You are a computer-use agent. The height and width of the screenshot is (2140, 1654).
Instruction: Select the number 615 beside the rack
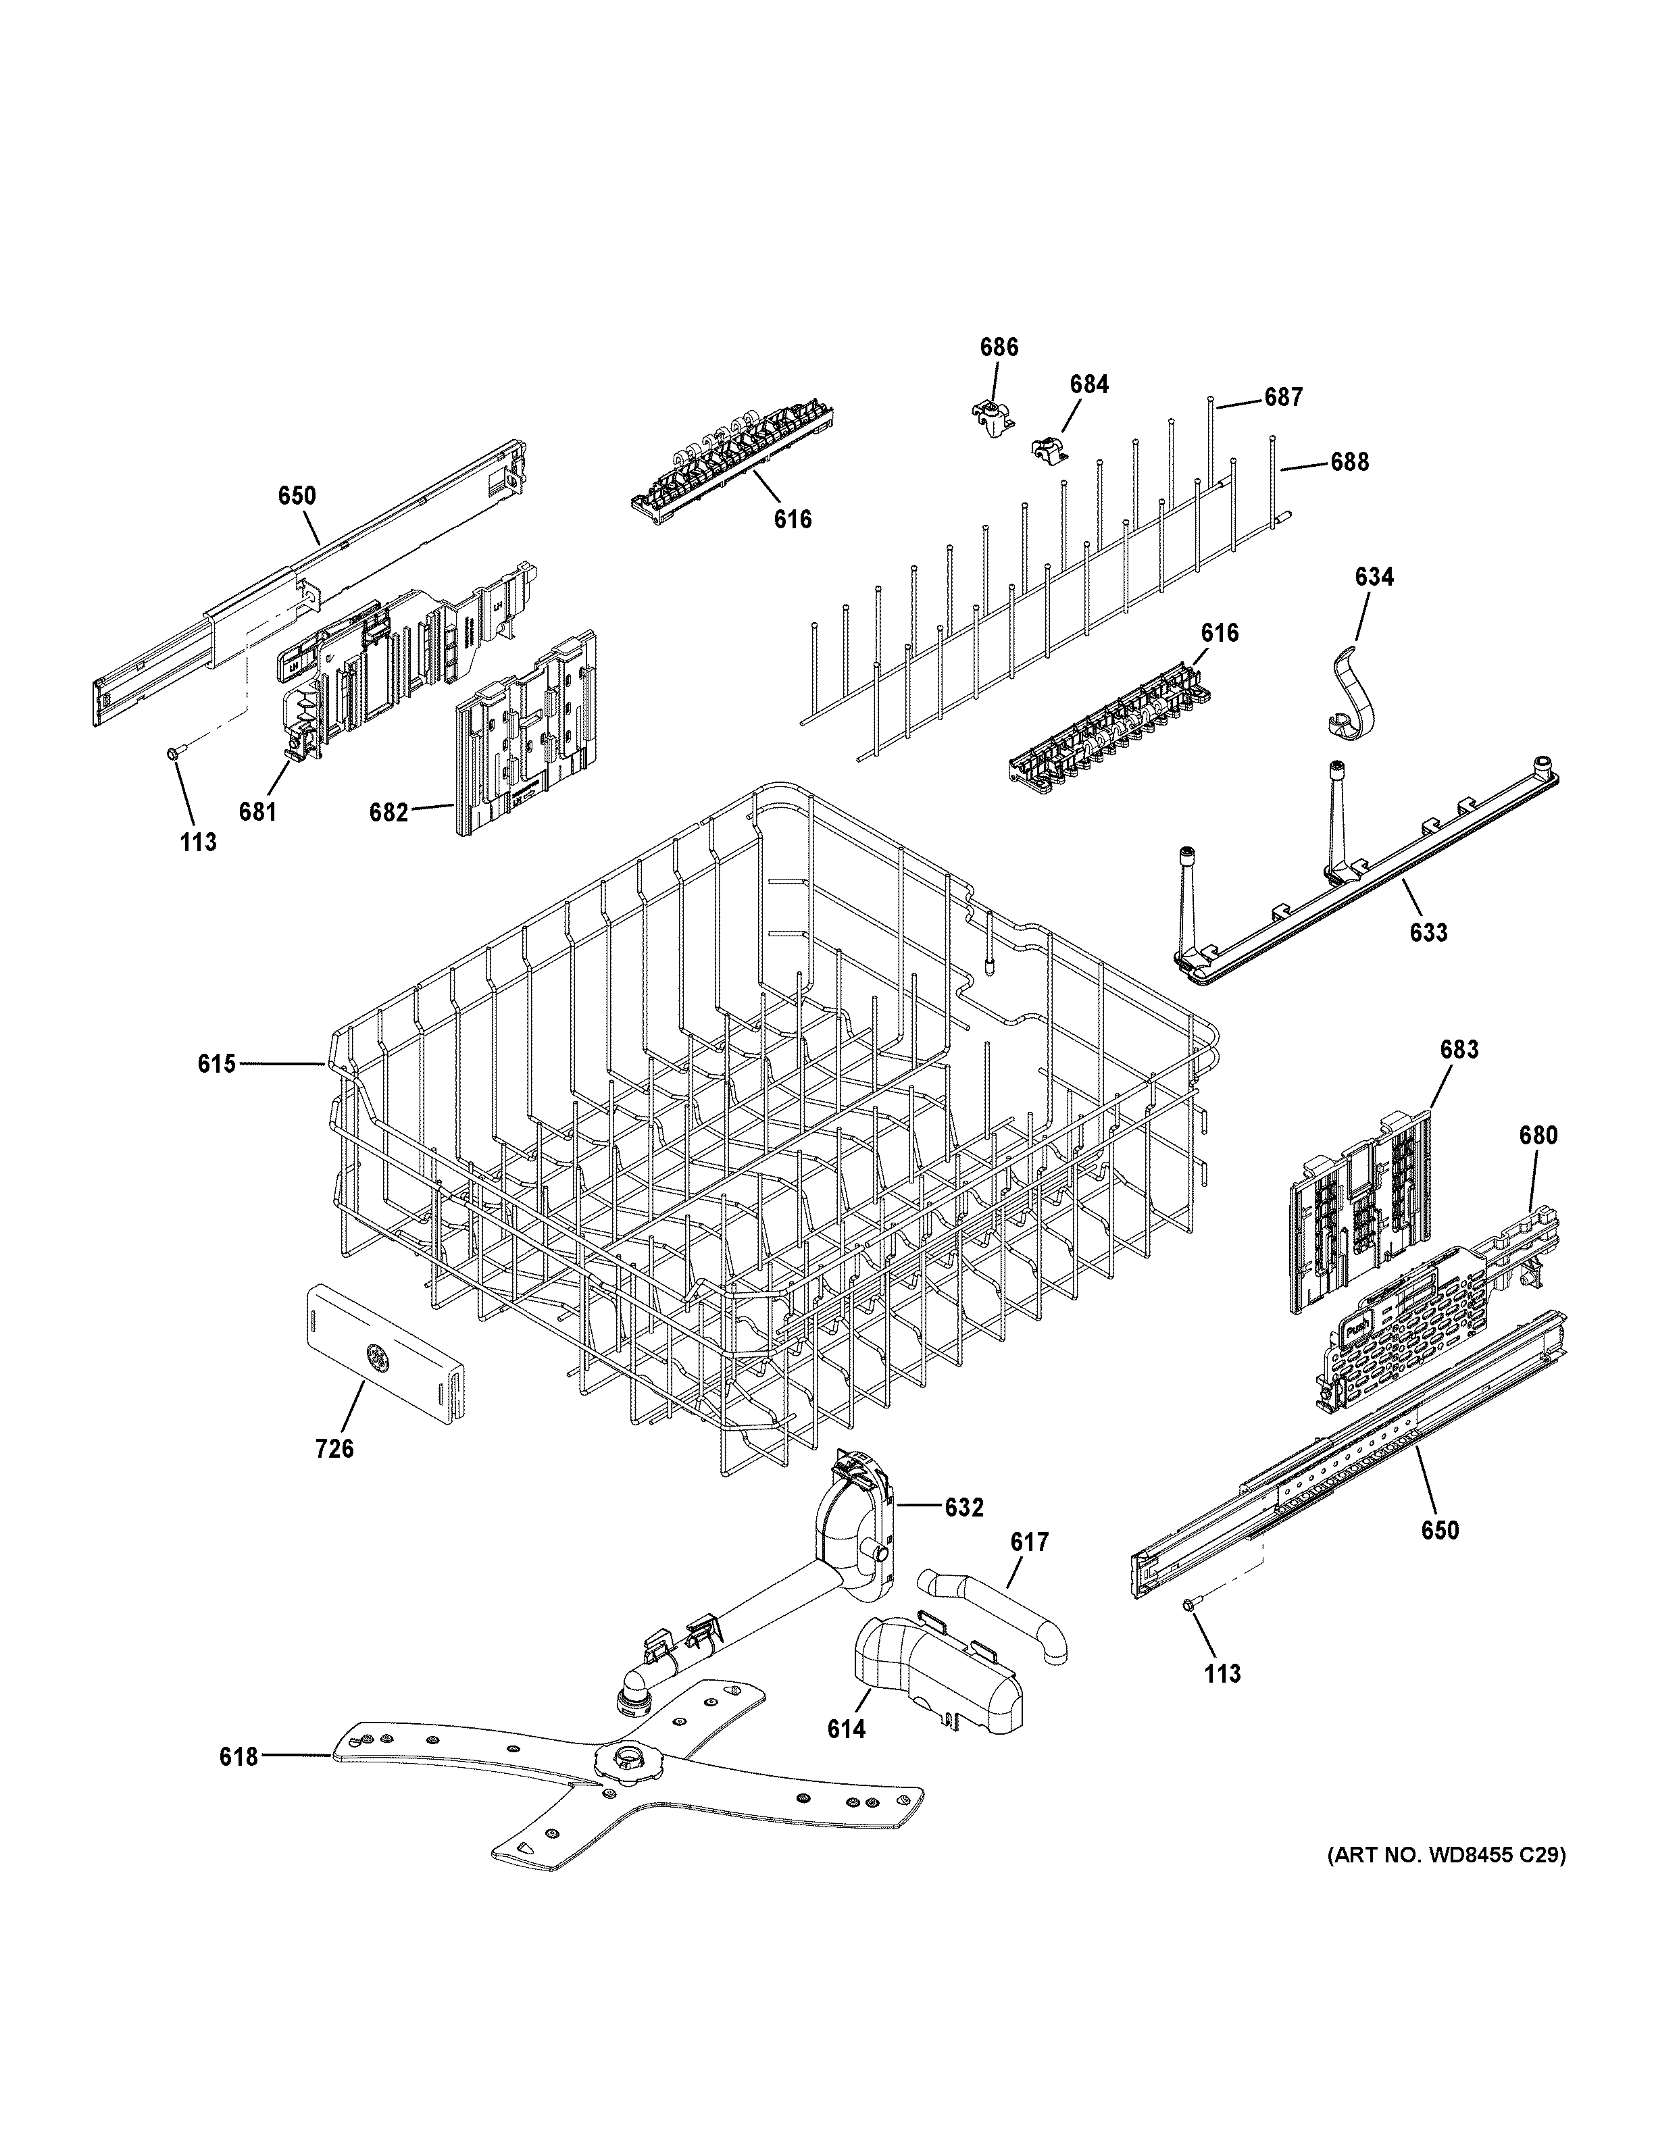point(217,1063)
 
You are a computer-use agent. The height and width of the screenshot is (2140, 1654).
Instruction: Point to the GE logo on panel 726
point(375,1356)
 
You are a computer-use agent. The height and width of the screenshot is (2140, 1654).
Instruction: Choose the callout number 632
point(963,1508)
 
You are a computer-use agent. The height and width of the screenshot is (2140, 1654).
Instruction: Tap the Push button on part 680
point(1357,1331)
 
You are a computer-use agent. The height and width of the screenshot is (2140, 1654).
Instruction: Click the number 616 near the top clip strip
point(792,519)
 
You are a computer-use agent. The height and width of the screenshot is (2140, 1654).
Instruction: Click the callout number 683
point(1458,1050)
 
